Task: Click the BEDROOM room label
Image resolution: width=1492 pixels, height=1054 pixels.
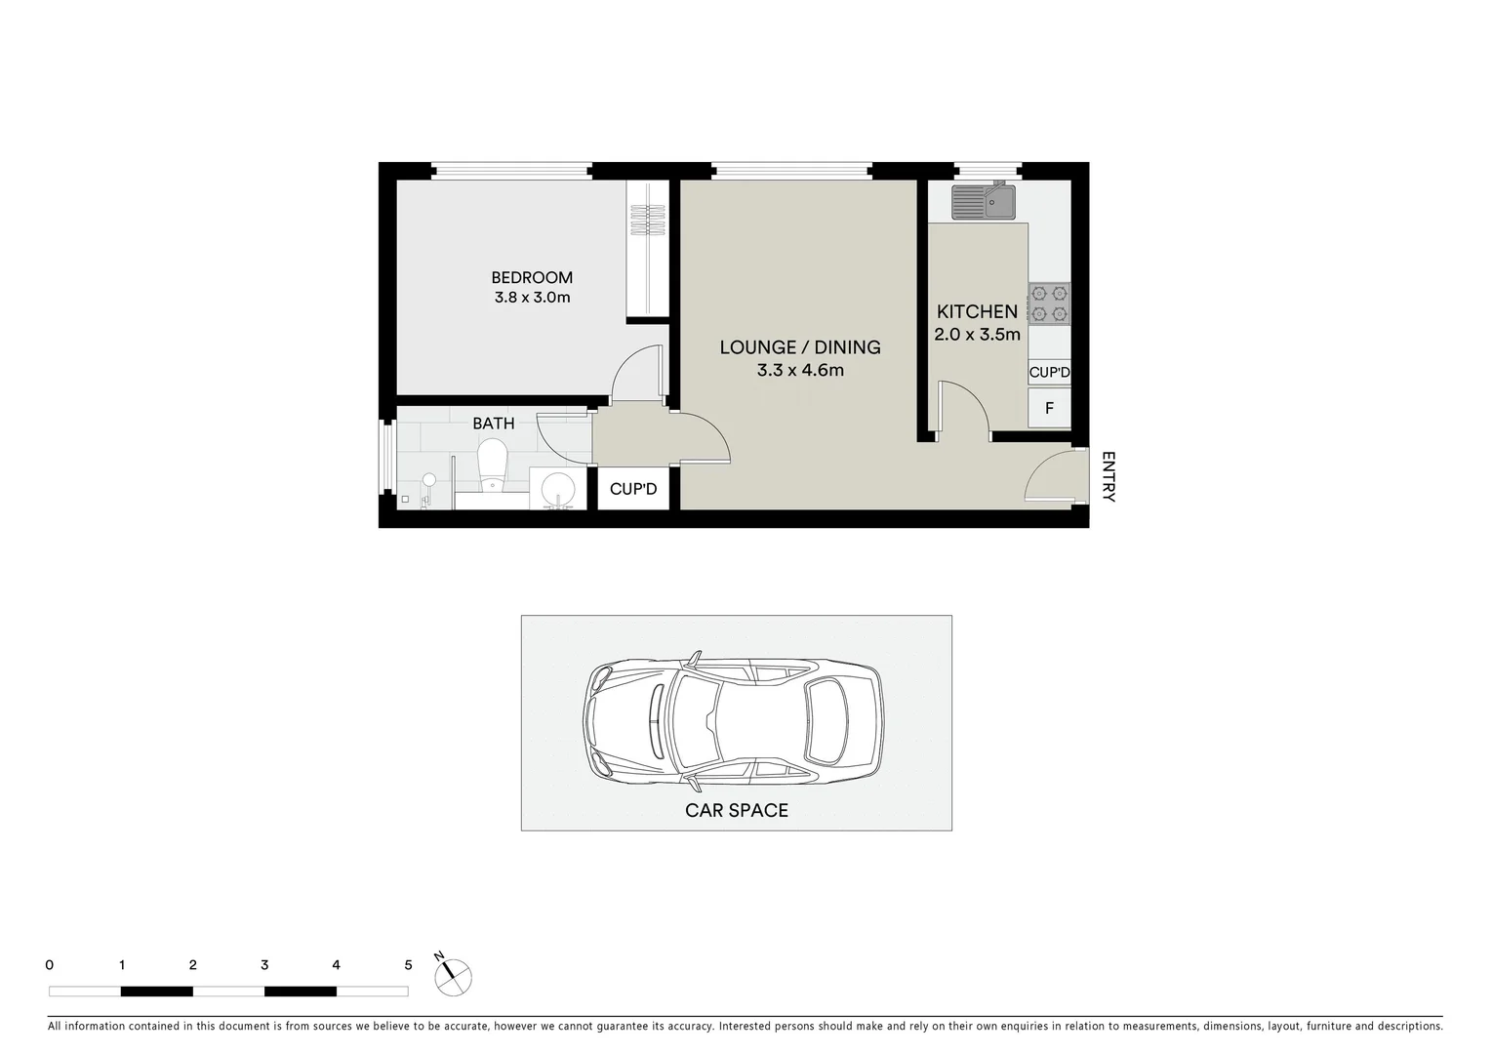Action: pos(532,277)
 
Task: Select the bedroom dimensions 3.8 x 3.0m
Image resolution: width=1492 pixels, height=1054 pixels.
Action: pos(532,297)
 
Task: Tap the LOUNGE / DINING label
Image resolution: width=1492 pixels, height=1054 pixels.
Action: pos(800,346)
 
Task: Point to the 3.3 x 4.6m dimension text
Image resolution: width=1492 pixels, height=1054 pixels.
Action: pos(800,370)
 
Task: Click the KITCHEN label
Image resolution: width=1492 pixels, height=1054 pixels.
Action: pos(977,311)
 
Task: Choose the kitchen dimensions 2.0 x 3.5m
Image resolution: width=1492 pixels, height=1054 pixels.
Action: pos(977,335)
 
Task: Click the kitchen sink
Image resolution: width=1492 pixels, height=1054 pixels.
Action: pos(984,203)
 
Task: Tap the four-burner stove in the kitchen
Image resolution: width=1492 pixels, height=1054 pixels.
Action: pos(1049,303)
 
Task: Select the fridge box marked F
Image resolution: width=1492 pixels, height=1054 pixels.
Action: pos(1049,408)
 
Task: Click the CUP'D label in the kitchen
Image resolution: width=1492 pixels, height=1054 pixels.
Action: pos(1049,372)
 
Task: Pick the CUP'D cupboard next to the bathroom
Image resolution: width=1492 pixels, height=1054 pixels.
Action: pos(633,489)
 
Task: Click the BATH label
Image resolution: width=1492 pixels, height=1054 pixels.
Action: pos(493,424)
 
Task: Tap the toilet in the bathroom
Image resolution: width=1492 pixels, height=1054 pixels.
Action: pos(493,464)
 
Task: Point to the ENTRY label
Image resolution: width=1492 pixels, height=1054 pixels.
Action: pos(1108,476)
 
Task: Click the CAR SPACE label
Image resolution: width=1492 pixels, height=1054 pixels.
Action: pos(737,810)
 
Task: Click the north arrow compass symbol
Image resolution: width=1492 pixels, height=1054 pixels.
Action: pos(455,975)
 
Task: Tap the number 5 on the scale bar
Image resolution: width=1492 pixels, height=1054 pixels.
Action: pos(408,965)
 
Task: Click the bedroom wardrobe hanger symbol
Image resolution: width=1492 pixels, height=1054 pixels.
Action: pos(647,220)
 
